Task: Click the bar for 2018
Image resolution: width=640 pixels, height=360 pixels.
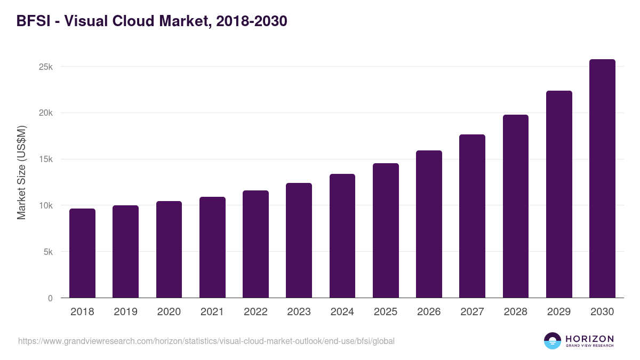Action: pos(82,253)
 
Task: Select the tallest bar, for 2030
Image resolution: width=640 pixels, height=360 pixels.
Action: pos(602,179)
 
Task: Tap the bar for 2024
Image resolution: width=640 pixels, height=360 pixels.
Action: pos(342,236)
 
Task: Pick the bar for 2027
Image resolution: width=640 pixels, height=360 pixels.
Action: pos(472,216)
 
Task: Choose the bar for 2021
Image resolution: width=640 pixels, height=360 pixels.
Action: pos(212,247)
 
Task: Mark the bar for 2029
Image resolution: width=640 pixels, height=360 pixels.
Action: pos(559,194)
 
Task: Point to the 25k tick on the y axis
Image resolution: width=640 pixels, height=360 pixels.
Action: pos(45,67)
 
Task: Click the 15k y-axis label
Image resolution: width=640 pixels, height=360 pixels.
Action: pos(45,159)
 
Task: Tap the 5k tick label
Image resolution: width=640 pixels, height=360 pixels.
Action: pos(48,252)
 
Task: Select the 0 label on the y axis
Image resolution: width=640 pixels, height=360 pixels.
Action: pos(50,298)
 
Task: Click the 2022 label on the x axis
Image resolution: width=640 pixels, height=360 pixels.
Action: pos(255,312)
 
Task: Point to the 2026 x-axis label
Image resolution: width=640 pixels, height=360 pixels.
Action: pos(429,312)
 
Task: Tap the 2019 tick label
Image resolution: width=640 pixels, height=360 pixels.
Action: pos(125,312)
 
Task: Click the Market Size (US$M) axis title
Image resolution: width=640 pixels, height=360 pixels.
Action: pos(21,171)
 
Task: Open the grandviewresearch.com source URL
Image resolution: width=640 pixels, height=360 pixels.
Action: pos(206,341)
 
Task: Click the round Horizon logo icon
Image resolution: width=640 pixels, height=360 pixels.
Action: pos(553,341)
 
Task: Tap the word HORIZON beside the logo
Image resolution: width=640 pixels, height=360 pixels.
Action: pos(589,339)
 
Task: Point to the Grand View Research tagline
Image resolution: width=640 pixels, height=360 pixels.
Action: pos(589,346)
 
